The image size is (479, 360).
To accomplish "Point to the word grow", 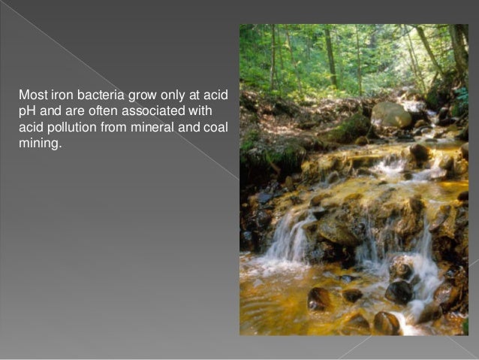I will (x=138, y=96).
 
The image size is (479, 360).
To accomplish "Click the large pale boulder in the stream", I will (x=391, y=114).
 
